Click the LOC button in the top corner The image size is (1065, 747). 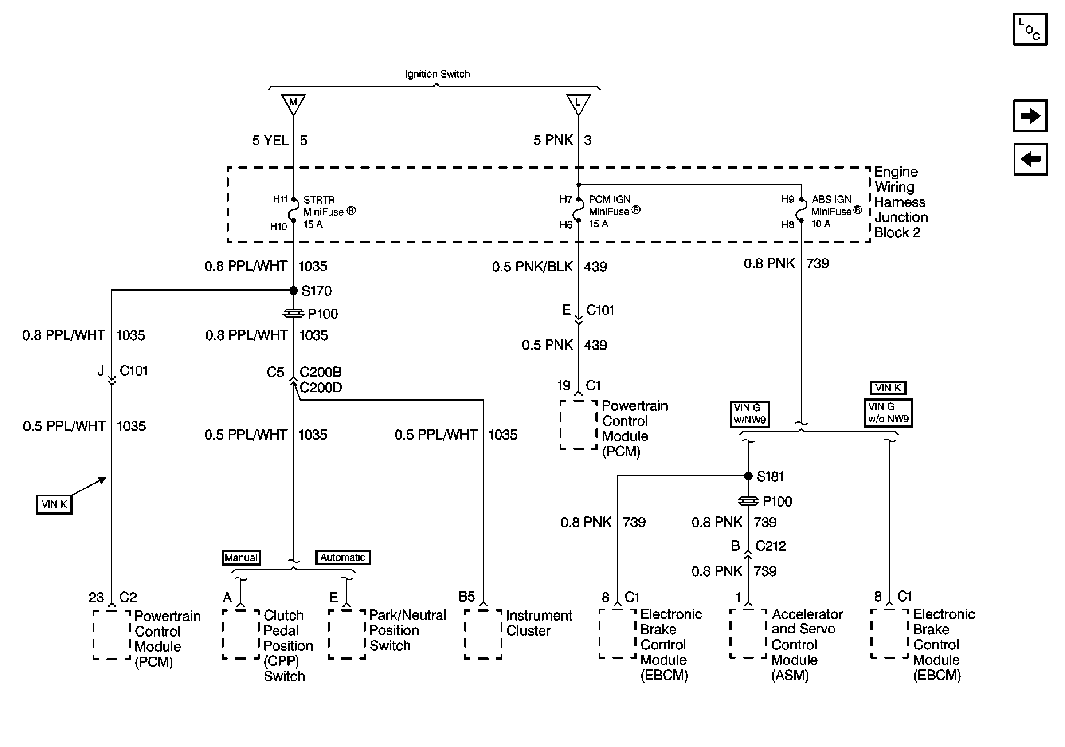[1030, 30]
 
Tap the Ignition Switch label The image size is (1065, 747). [437, 74]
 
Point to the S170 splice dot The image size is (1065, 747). [293, 291]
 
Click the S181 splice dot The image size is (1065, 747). [748, 476]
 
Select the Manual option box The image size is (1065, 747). [241, 557]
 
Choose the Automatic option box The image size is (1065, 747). [343, 557]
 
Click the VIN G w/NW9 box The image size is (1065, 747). [750, 413]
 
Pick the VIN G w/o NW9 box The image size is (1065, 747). [888, 413]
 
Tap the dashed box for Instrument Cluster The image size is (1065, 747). [483, 634]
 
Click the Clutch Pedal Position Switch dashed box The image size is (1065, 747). [241, 634]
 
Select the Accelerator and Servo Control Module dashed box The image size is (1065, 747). [748, 634]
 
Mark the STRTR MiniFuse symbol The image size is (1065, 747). [293, 213]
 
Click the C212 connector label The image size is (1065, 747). [771, 546]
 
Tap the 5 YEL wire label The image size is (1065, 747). [270, 140]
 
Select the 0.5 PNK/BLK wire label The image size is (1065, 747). [532, 267]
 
